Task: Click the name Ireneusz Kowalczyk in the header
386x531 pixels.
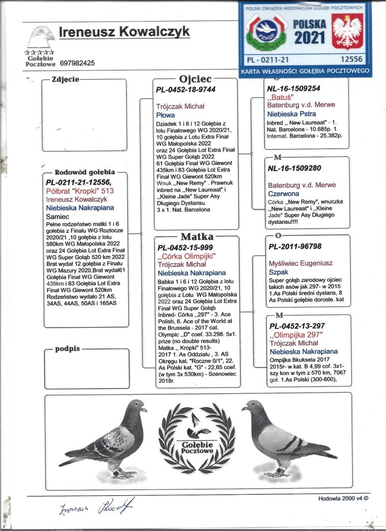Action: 124,32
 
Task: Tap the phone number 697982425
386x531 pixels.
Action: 77,63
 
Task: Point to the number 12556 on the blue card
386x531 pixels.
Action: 351,59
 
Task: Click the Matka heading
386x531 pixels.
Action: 196,237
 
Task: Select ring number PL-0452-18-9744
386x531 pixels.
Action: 186,90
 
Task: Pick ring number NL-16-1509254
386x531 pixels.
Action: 293,88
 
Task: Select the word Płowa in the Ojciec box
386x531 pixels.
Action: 165,115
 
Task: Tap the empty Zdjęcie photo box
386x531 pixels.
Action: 84,116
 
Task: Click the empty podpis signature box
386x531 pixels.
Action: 87,369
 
